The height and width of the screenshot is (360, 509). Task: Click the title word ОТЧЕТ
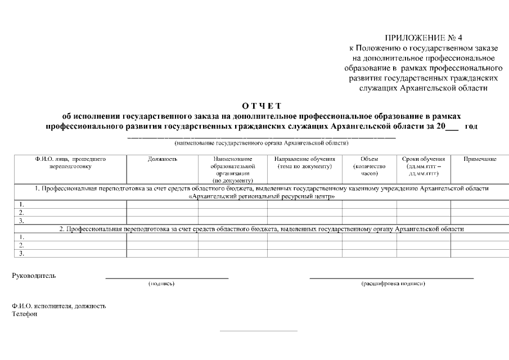(262, 106)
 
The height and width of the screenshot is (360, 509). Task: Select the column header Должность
(163, 159)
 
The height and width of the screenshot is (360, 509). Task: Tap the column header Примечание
(479, 159)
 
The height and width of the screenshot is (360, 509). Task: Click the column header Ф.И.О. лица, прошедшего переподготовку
(70, 163)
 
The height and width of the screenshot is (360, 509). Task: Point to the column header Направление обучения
(304, 163)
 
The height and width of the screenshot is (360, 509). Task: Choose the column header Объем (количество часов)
(368, 166)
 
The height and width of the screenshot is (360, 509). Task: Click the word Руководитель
(34, 276)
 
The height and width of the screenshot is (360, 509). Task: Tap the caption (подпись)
(161, 283)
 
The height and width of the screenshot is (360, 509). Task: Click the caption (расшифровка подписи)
(393, 283)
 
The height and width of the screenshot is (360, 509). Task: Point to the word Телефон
(25, 314)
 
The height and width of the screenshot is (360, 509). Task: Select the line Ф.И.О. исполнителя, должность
(59, 306)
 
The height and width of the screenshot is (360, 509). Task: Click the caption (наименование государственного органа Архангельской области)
(262, 143)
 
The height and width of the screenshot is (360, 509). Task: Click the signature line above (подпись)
(167, 278)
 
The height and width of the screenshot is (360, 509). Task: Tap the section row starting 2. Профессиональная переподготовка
(262, 229)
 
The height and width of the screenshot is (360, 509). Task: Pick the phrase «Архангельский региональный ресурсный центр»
(262, 197)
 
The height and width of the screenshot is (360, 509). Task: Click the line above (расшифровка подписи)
(391, 278)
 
